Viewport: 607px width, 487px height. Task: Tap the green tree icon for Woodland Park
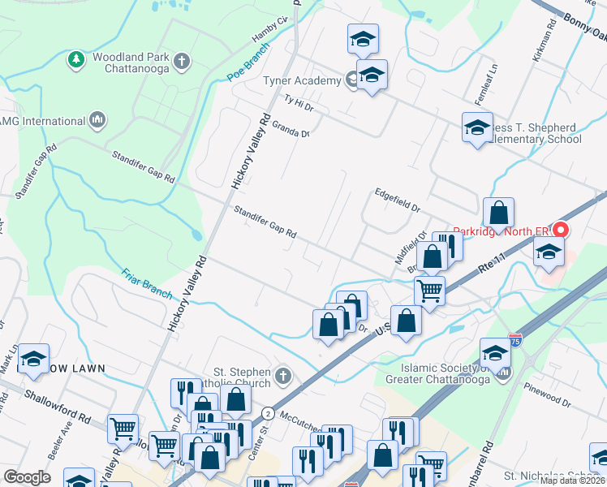[x=75, y=59]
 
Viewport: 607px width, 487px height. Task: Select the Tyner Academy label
[x=301, y=80]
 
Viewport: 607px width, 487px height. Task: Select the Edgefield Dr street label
[x=397, y=200]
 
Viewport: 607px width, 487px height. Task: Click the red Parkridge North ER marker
[x=559, y=231]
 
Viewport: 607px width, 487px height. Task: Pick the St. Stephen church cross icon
[x=282, y=375]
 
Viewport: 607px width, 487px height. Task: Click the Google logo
[x=28, y=476]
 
